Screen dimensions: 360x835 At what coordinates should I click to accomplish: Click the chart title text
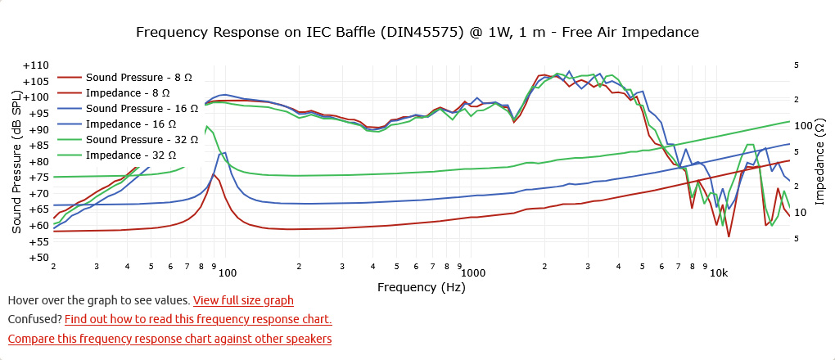417,33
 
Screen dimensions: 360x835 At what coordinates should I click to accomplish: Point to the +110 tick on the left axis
36,65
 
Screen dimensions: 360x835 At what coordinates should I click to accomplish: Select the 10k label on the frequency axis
718,272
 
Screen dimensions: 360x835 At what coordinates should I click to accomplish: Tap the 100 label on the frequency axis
228,272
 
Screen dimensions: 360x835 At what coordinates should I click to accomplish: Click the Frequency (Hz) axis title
421,287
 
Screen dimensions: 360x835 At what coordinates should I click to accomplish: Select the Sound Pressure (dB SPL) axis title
16,162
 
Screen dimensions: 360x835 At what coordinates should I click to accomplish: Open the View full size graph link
243,301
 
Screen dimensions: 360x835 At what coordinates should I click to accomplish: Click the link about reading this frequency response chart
198,319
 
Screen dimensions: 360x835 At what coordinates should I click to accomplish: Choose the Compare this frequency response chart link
169,339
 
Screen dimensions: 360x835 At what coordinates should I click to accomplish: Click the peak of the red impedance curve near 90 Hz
214,174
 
